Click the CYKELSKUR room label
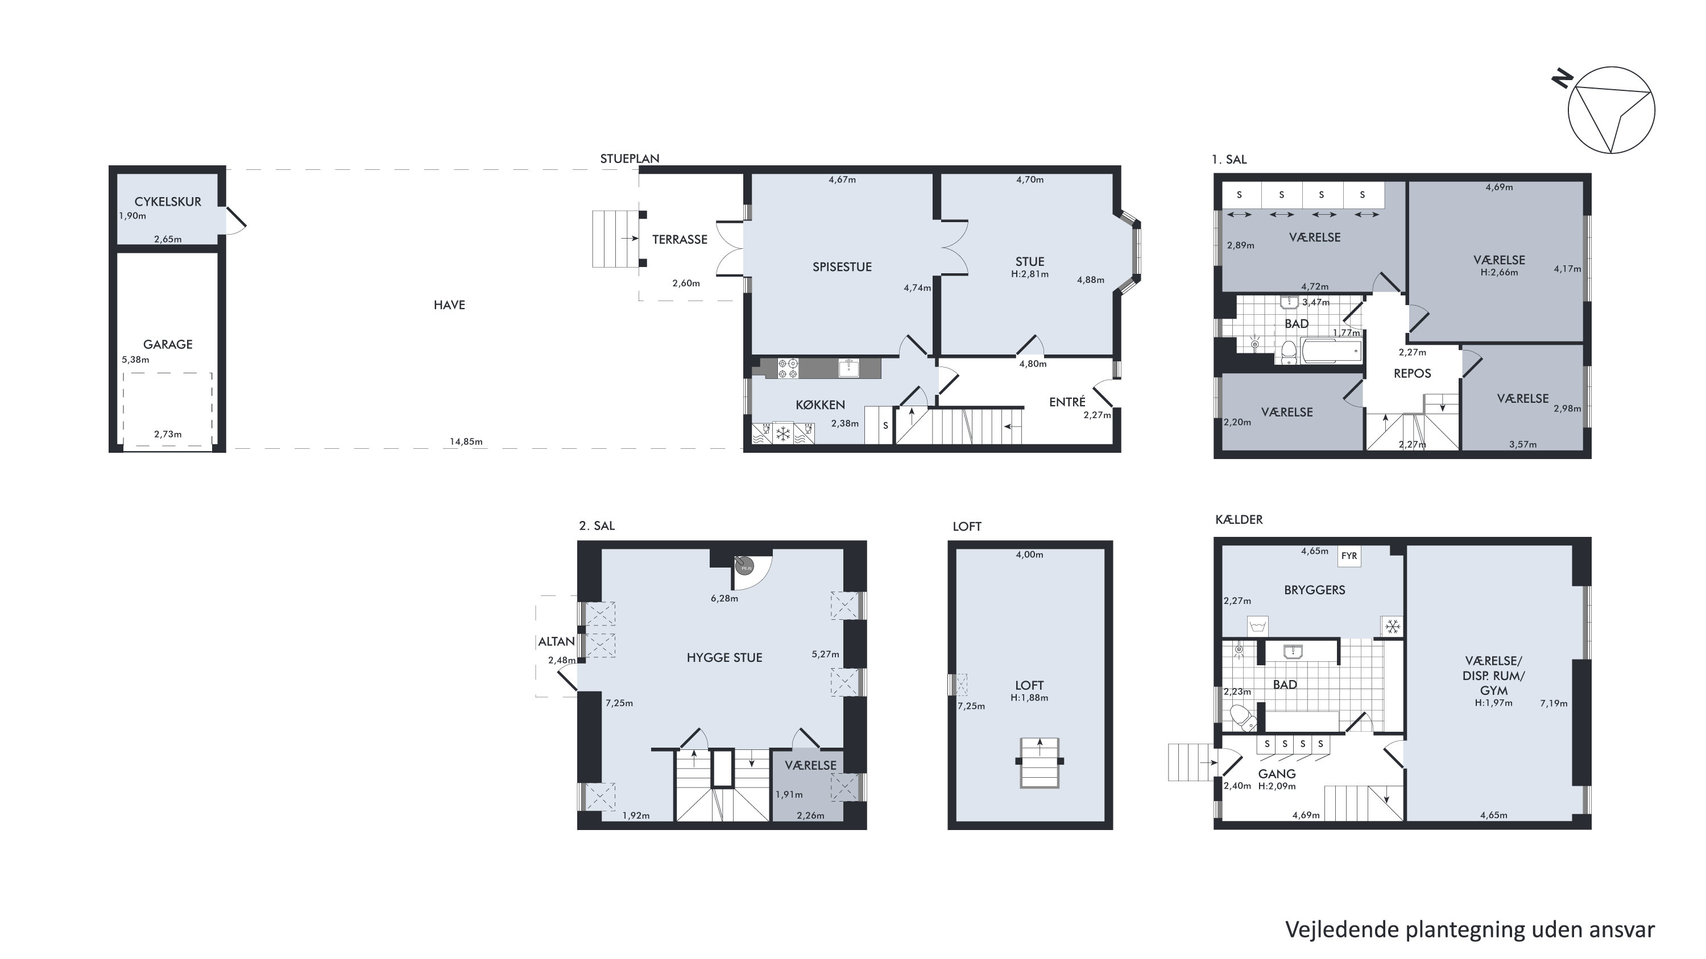pos(168,202)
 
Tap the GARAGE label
pos(168,344)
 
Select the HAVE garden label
pos(449,305)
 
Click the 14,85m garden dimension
pos(466,441)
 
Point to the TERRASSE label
pos(680,240)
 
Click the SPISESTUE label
pos(842,266)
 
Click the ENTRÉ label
pos(1067,402)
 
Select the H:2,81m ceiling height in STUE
pos(1030,274)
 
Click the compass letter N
pos(1563,79)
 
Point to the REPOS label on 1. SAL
pos(1412,373)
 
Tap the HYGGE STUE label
pos(724,657)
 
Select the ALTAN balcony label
pos(556,641)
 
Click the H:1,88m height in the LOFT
pos(1029,698)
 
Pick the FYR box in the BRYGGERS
pos(1349,556)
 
